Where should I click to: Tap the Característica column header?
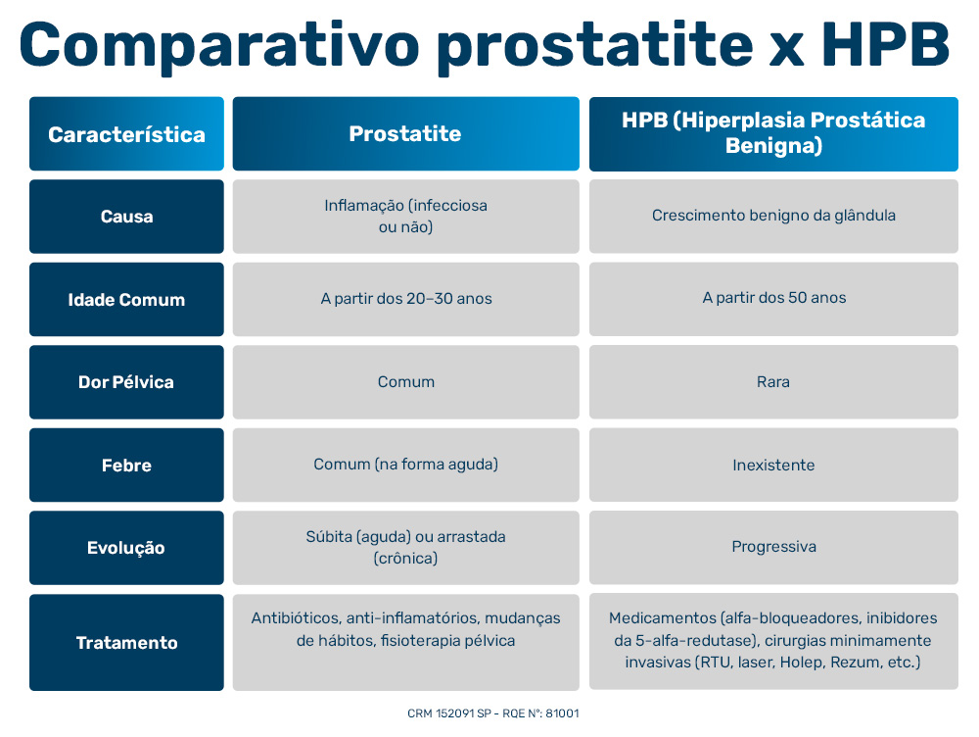(x=126, y=134)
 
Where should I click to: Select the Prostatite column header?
(x=405, y=134)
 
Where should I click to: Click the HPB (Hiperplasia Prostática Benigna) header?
(x=773, y=133)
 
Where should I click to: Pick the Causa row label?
(x=126, y=217)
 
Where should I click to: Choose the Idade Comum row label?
(x=126, y=300)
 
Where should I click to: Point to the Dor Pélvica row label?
(x=126, y=382)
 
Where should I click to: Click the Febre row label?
(x=126, y=466)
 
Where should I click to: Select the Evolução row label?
(x=126, y=548)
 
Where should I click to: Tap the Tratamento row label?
(x=126, y=643)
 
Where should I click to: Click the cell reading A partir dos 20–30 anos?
(x=406, y=298)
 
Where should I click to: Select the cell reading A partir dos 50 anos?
(x=773, y=298)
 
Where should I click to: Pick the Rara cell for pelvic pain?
(x=773, y=381)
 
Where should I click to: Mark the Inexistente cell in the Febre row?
(x=773, y=465)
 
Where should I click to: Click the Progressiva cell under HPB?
(x=773, y=547)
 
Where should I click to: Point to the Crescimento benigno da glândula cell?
(x=773, y=216)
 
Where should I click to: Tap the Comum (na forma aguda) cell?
(x=406, y=465)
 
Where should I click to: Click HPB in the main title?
(x=886, y=45)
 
